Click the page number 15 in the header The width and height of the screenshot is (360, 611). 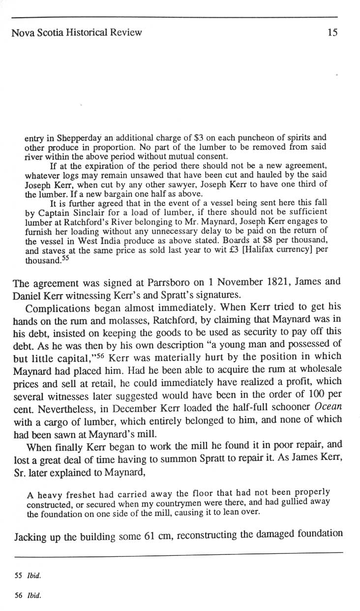[332, 33]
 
